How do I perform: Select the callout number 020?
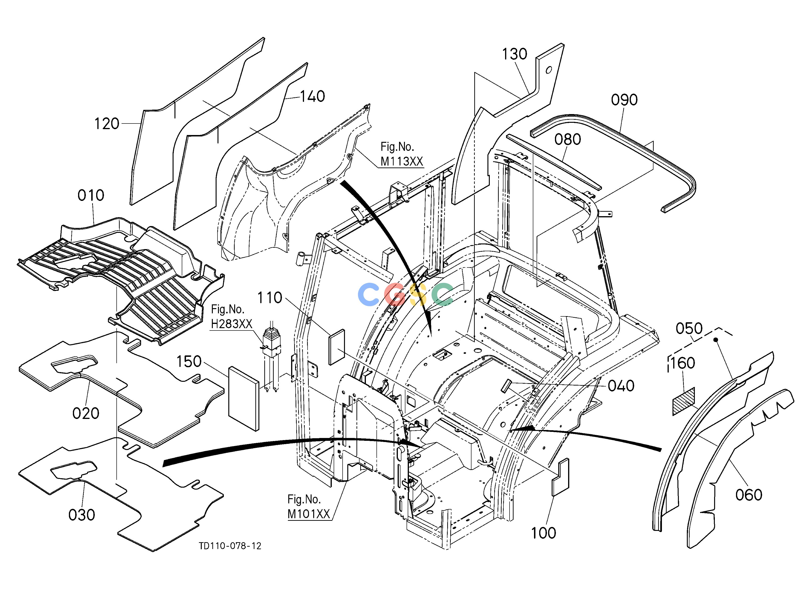coord(86,414)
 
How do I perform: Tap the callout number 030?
coord(82,515)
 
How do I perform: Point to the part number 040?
coord(621,386)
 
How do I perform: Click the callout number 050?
coord(689,328)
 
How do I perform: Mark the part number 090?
coord(624,100)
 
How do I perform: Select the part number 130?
coord(514,54)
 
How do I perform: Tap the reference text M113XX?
coord(402,161)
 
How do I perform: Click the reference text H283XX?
coord(232,324)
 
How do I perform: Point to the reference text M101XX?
coord(309,514)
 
